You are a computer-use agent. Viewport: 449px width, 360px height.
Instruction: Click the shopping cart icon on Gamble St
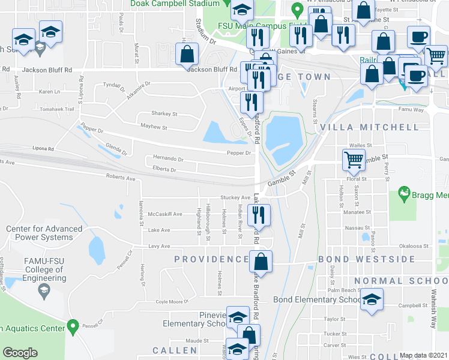coord(354,160)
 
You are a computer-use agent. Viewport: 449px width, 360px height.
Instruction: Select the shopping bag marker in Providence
coord(261,261)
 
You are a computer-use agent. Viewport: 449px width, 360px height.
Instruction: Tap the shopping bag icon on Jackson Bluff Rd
coord(187,54)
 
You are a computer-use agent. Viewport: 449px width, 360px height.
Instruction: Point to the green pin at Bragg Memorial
coord(403,193)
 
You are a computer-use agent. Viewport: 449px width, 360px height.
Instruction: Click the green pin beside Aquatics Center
coord(73,328)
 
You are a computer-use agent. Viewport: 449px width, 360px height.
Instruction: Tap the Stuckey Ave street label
coord(235,197)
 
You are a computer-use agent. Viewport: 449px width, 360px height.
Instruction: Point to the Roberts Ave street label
coord(121,178)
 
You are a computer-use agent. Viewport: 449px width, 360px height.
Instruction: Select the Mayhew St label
coord(154,128)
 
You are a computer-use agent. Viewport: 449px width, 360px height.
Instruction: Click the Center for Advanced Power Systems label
coord(44,233)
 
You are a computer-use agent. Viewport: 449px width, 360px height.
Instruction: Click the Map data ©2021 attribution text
coord(424,355)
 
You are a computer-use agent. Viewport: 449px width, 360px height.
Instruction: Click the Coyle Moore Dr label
coord(172,301)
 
